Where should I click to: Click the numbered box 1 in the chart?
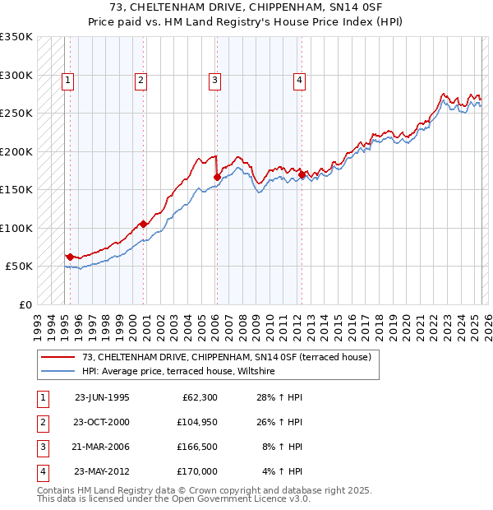tap(67, 80)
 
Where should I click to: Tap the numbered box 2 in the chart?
tap(141, 80)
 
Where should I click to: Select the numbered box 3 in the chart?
tap(214, 80)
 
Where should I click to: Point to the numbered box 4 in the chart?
tap(299, 80)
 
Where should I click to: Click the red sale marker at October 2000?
tap(143, 224)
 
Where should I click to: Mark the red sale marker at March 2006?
tap(217, 176)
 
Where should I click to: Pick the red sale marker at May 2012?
tap(302, 174)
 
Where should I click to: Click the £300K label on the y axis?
tap(16, 75)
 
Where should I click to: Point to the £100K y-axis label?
tap(16, 228)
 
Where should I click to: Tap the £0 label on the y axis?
tap(24, 304)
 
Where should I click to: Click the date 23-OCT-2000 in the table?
tap(102, 422)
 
